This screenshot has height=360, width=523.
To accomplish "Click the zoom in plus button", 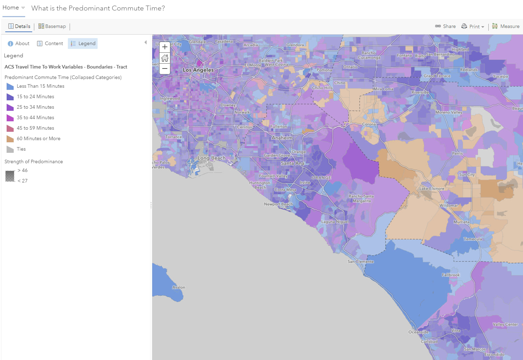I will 165,47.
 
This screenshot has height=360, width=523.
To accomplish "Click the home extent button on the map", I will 165,58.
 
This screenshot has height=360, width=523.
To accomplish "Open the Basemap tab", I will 52,26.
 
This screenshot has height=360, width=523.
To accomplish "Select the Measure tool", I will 506,26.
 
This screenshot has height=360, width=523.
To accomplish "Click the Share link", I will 445,26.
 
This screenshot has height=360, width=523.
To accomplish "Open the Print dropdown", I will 473,27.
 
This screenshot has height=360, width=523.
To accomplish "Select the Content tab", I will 50,43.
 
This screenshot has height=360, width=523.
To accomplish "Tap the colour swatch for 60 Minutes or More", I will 10,139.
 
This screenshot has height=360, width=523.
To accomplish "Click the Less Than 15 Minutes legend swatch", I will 10,86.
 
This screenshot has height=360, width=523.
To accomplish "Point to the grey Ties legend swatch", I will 10,149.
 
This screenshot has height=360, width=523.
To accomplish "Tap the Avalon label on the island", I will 179,287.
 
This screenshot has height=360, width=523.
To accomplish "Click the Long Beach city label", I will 212,158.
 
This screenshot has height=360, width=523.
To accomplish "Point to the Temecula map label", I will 473,239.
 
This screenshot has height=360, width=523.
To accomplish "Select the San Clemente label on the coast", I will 361,261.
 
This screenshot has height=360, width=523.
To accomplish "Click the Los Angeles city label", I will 198,70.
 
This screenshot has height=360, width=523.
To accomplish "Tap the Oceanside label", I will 418,332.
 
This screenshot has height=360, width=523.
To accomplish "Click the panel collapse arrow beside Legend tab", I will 146,42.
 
